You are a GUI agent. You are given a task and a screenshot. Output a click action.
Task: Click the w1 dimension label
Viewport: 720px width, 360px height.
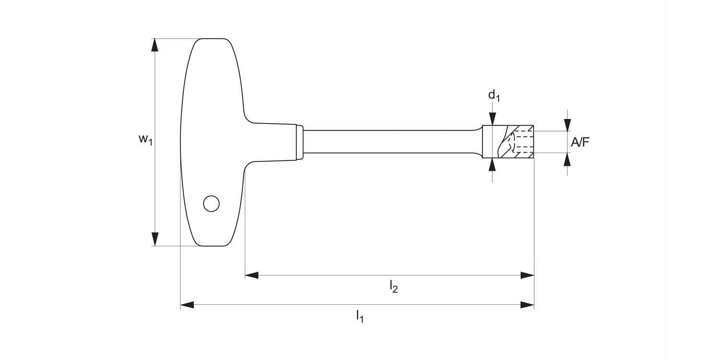[145, 140]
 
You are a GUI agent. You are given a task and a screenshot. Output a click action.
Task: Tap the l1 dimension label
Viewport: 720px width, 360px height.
[360, 316]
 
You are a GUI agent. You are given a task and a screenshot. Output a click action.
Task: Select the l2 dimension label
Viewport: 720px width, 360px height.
[394, 287]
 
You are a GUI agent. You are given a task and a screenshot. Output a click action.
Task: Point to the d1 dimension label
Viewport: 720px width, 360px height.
[494, 96]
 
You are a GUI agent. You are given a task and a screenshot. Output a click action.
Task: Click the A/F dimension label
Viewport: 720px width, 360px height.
[580, 142]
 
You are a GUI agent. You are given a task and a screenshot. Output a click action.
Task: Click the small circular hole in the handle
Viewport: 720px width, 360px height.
[211, 204]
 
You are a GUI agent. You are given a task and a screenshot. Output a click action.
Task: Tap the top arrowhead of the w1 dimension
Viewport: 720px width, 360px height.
[155, 45]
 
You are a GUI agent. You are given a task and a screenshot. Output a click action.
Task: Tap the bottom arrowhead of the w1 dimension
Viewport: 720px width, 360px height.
[155, 239]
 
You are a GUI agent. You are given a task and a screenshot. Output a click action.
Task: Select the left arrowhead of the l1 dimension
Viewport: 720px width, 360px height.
[187, 305]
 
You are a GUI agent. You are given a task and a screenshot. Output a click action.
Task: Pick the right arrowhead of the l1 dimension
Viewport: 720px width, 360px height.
[527, 305]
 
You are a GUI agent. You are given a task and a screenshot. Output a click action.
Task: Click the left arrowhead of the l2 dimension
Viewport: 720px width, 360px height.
[252, 275]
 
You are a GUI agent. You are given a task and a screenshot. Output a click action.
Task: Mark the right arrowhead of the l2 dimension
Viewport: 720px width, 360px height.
[527, 275]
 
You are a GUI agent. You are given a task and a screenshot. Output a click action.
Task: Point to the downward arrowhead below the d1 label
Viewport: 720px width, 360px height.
[492, 119]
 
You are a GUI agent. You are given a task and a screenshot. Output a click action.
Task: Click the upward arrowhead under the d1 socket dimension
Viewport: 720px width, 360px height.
[492, 165]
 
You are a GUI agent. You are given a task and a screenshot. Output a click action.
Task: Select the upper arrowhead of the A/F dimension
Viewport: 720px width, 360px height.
[567, 124]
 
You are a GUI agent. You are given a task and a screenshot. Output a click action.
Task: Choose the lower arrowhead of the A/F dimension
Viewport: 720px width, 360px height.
[567, 159]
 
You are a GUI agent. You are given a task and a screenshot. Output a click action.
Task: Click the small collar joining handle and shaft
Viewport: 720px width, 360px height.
[300, 142]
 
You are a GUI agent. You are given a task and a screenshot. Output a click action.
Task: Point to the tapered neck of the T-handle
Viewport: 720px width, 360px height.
[271, 142]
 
